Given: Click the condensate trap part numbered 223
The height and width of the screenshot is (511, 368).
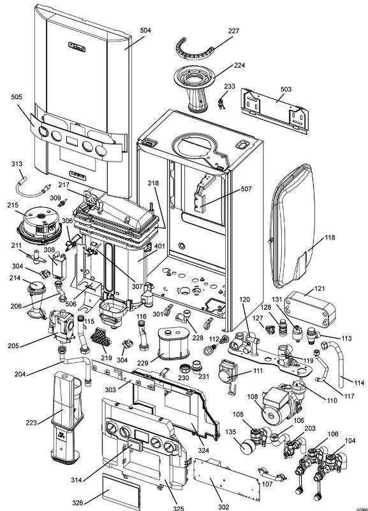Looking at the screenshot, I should click(66, 415).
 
